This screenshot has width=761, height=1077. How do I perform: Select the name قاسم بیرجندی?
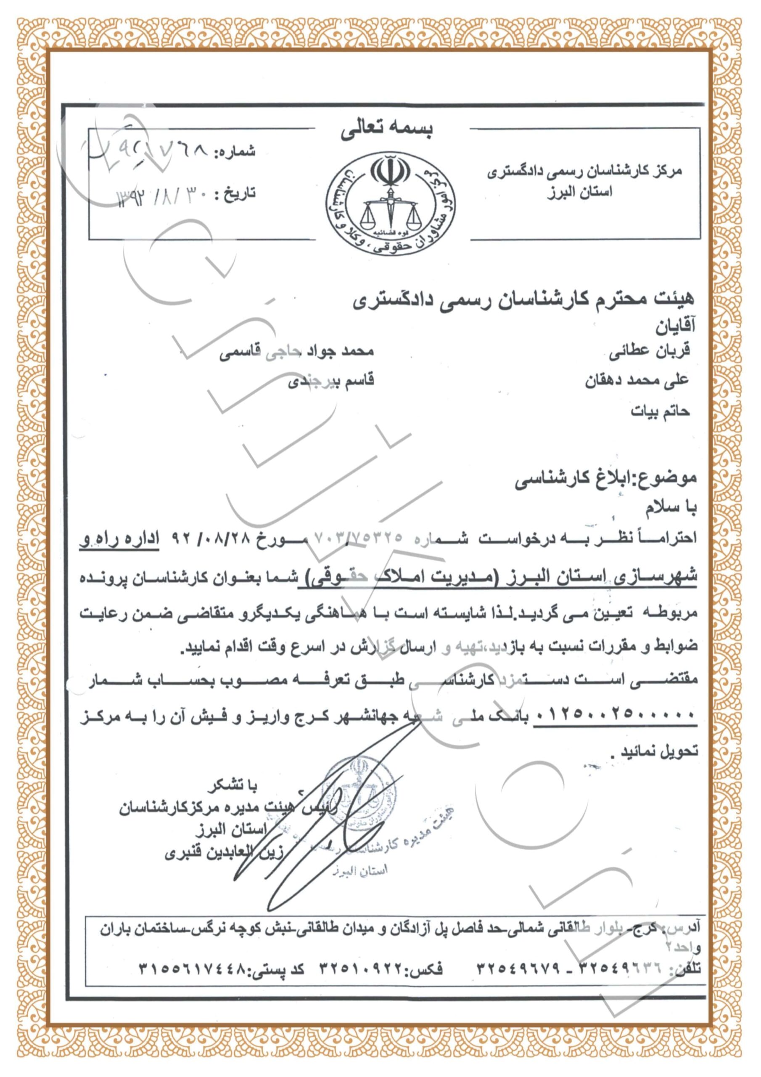coord(330,381)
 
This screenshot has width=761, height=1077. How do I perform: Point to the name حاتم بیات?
coord(660,411)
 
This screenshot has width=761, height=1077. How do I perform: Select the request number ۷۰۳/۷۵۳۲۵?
coord(359,538)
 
